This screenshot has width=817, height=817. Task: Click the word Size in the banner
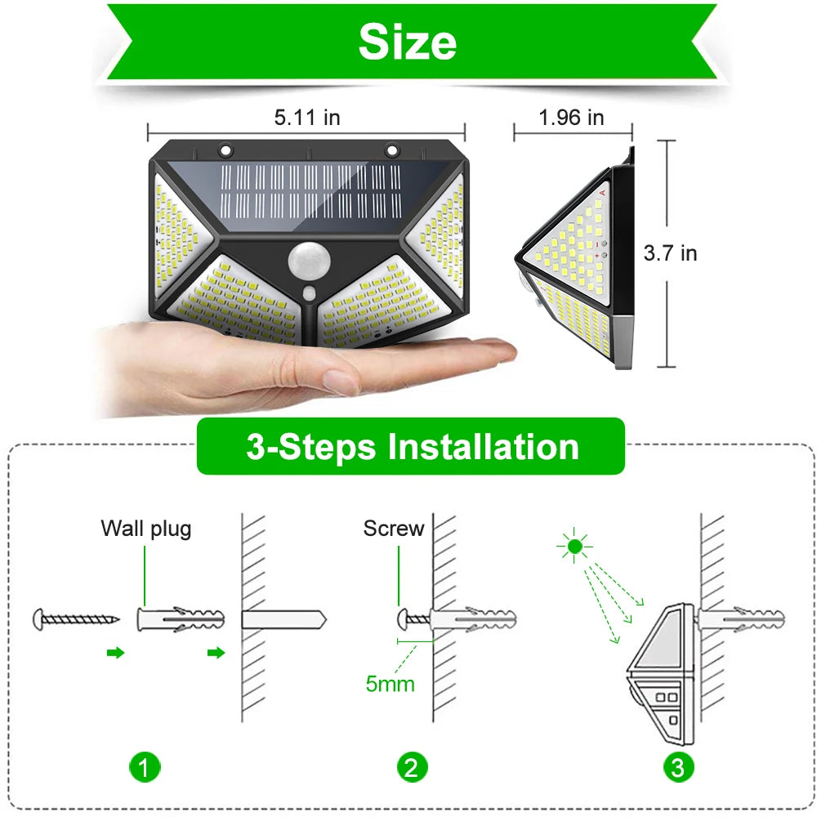407,42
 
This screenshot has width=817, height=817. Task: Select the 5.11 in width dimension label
306,118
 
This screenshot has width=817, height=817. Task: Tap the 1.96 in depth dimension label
571,118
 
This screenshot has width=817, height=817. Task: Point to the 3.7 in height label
670,253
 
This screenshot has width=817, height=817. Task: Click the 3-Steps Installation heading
412,447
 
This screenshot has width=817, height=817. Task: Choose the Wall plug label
146,529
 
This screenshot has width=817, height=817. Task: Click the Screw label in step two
394,529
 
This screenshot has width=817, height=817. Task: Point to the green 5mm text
390,683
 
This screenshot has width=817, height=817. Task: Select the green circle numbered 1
145,767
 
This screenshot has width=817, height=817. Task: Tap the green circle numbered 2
412,767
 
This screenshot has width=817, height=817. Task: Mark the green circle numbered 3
678,767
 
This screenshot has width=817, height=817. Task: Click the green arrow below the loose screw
116,653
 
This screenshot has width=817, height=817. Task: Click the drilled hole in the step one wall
282,618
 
